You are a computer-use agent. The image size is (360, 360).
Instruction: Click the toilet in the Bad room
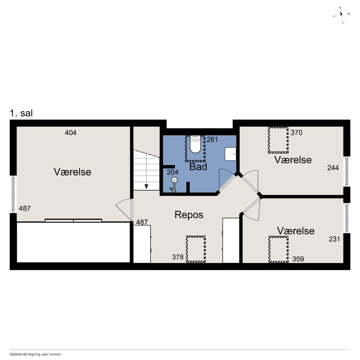pos(195,144)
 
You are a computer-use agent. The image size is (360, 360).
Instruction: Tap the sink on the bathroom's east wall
pos(231,154)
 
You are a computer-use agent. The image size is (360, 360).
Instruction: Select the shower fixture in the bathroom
pos(174,184)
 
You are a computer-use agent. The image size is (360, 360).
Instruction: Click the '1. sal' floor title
pos(21,113)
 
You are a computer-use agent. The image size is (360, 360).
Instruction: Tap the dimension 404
pos(70,133)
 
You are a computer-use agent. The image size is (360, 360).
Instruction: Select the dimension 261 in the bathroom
pos(212,139)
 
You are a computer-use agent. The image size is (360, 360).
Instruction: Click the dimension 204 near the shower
pos(172,172)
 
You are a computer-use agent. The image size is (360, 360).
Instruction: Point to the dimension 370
pos(296,132)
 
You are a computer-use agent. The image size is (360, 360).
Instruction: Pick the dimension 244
pos(333,168)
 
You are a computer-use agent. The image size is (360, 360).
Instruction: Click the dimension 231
pos(334,239)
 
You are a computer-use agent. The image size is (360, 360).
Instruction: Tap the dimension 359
pos(298,259)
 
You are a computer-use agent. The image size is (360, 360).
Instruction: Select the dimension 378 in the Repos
pos(178,257)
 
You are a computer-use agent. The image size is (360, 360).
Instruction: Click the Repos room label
pos(189,215)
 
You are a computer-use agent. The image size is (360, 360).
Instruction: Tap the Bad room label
pos(198,167)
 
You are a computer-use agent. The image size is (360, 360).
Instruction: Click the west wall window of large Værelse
pos(13,194)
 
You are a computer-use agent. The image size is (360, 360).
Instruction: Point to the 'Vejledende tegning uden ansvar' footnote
pos(35,354)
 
